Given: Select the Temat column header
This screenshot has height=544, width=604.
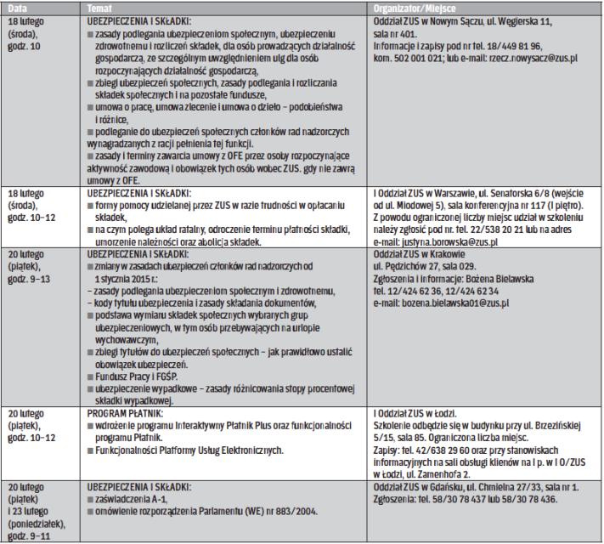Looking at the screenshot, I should [x=101, y=7].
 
